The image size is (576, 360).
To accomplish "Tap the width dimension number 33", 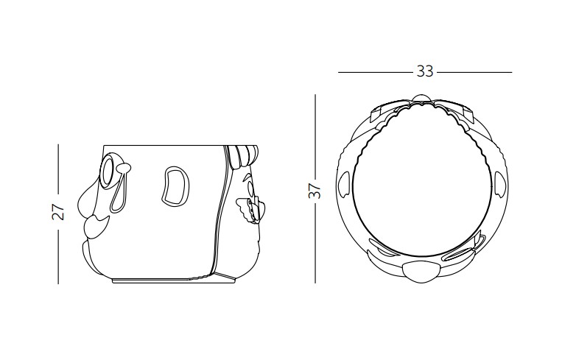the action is (425, 71).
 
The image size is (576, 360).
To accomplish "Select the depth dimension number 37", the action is (315, 191).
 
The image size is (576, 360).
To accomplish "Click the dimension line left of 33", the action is (376, 72).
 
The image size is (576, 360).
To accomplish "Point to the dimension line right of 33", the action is (474, 72).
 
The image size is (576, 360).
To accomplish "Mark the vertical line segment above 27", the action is (58, 169).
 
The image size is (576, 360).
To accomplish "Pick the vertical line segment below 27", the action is (58, 256).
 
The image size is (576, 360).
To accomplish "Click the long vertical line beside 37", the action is (315, 188).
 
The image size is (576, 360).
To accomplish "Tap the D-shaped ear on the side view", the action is (176, 186).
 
